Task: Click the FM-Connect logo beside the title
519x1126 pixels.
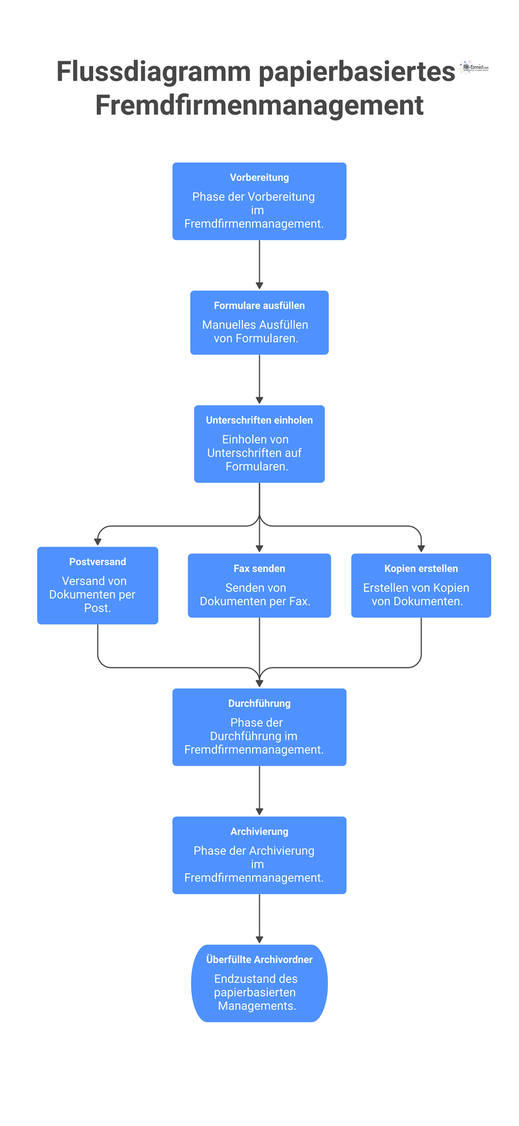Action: (x=474, y=67)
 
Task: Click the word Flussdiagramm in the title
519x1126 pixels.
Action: (x=154, y=72)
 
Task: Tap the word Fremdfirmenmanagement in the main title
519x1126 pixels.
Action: (x=259, y=106)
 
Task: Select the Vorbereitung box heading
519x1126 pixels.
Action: (x=259, y=178)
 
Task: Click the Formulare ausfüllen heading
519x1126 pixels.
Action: (x=259, y=306)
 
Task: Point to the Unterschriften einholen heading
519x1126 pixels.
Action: (x=259, y=420)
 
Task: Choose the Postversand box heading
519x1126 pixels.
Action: (x=97, y=562)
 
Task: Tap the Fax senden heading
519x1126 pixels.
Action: (x=259, y=568)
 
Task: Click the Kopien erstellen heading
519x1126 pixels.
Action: (x=421, y=568)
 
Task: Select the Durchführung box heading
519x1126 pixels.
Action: (x=259, y=703)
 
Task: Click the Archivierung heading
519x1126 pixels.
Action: (x=259, y=832)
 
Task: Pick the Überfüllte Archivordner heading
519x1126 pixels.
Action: (x=259, y=959)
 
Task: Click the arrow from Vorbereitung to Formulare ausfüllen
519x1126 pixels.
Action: (x=259, y=264)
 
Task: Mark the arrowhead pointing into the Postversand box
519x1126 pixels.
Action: (x=97, y=542)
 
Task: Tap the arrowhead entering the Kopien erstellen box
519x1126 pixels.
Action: (x=421, y=549)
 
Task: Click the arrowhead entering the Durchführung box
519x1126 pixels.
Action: (x=259, y=683)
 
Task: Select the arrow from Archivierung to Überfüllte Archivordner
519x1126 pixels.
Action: (x=259, y=918)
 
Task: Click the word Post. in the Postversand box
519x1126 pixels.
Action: (x=97, y=608)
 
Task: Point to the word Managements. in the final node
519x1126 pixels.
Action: (x=257, y=1006)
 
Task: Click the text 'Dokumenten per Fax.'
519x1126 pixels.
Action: (x=255, y=601)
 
